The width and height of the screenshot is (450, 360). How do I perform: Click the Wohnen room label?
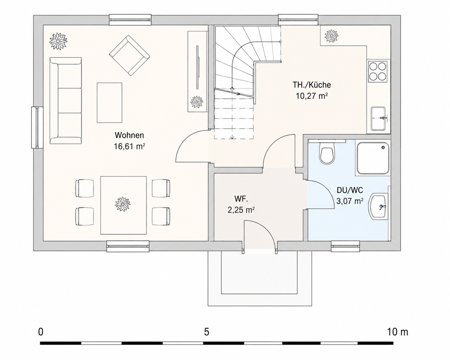coord(129,135)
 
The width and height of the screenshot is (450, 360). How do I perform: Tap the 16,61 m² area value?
coord(129,146)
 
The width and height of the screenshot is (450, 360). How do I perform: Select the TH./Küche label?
coord(312,85)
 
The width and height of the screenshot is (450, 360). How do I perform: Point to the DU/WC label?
coord(350,190)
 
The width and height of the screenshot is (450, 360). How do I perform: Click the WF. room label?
coord(241,199)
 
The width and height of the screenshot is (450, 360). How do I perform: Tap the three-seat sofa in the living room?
coord(65,100)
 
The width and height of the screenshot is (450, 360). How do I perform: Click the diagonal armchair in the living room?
coord(129,56)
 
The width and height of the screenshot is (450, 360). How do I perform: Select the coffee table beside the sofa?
coord(109,102)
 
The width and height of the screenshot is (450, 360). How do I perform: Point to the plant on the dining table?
coord(123,204)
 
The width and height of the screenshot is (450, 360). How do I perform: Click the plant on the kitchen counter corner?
coord(332,36)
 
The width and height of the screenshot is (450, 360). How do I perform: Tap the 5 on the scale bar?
coord(206,332)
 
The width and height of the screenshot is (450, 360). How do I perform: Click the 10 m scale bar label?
coord(397,332)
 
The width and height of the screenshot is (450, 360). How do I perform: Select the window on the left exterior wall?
coord(37,127)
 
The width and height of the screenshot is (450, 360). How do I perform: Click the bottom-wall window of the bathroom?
coord(346,246)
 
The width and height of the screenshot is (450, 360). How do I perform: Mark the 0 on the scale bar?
coord(41,332)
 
